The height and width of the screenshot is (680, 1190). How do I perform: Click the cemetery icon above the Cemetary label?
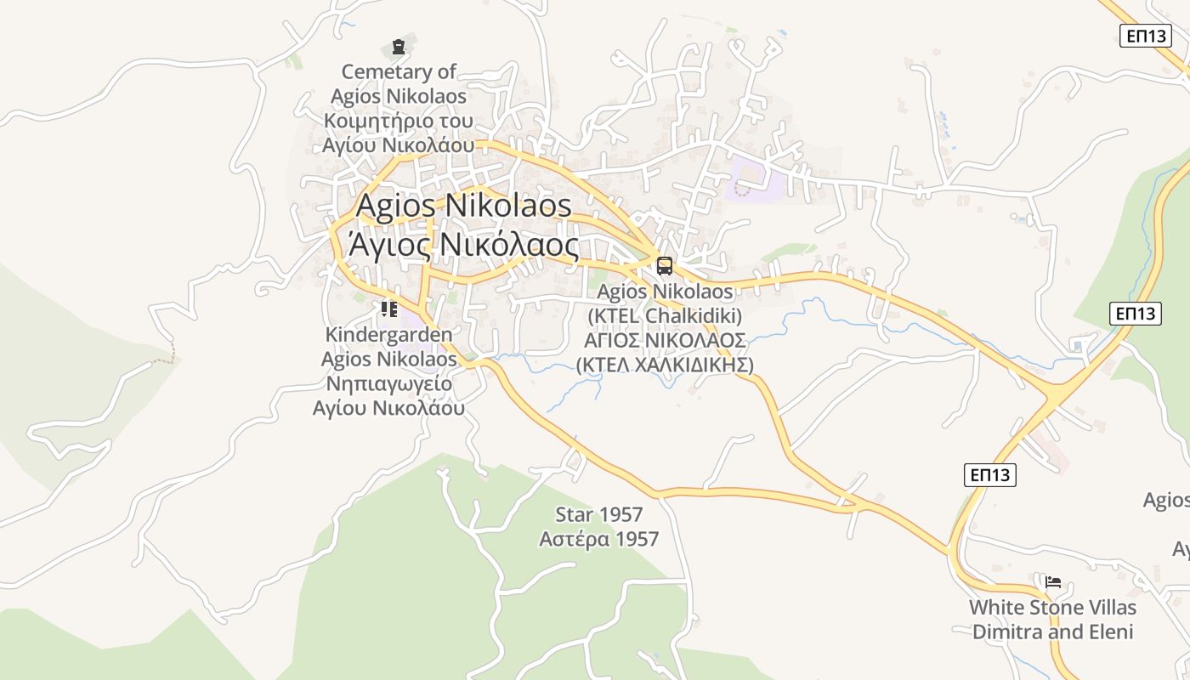[x=398, y=46]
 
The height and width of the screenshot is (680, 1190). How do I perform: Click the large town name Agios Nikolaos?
[x=463, y=205]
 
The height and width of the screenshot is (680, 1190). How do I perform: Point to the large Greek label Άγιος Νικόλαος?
[x=463, y=246]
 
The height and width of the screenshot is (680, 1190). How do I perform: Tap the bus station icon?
[x=665, y=265]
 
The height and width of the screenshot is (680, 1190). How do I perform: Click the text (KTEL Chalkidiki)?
[x=665, y=316]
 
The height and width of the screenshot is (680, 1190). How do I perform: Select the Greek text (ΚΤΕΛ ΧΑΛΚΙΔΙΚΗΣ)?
[x=665, y=365]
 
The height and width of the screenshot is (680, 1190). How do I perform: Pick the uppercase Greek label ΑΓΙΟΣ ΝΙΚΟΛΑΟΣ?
[x=665, y=341]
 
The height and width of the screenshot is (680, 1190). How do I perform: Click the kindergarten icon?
[x=389, y=309]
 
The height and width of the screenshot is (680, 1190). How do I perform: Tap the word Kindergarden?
[x=388, y=335]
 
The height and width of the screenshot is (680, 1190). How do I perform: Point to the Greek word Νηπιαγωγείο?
[x=388, y=383]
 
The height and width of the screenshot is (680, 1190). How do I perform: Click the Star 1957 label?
[x=599, y=514]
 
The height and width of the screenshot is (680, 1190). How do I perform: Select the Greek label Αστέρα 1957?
[x=599, y=539]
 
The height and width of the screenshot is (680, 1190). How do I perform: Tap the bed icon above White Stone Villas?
[x=1053, y=582]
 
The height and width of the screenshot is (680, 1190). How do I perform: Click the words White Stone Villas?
[x=1053, y=608]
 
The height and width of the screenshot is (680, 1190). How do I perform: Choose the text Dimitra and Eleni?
[x=1053, y=632]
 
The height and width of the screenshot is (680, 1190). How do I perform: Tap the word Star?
[x=575, y=514]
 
